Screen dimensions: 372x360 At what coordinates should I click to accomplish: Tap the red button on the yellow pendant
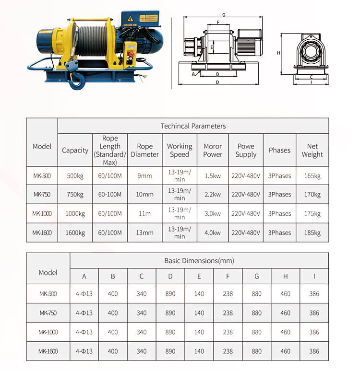(131, 55)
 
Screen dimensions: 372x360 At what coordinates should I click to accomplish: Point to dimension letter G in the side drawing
(224, 15)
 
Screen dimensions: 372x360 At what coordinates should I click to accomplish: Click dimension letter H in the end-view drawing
(278, 53)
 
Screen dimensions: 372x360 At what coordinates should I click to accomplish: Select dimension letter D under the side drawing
(217, 82)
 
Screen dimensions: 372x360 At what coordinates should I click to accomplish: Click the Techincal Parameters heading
(193, 126)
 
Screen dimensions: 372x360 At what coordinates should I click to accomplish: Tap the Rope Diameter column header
(144, 151)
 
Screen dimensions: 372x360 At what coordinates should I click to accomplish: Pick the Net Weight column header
(312, 151)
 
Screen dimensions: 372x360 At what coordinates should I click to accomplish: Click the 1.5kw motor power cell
(213, 176)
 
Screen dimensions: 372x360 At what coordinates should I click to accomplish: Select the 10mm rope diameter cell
(144, 195)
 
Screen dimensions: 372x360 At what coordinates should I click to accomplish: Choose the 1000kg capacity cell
(75, 214)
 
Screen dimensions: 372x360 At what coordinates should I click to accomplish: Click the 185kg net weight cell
(312, 233)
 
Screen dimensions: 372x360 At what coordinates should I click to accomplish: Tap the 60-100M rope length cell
(110, 195)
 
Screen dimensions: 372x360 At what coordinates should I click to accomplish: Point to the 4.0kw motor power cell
(213, 233)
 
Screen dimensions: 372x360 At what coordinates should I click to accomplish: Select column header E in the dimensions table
(199, 276)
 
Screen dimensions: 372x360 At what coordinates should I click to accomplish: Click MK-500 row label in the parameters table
(42, 176)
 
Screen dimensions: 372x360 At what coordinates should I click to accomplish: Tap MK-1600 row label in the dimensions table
(48, 351)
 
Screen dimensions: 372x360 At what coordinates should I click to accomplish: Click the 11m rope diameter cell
(144, 214)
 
